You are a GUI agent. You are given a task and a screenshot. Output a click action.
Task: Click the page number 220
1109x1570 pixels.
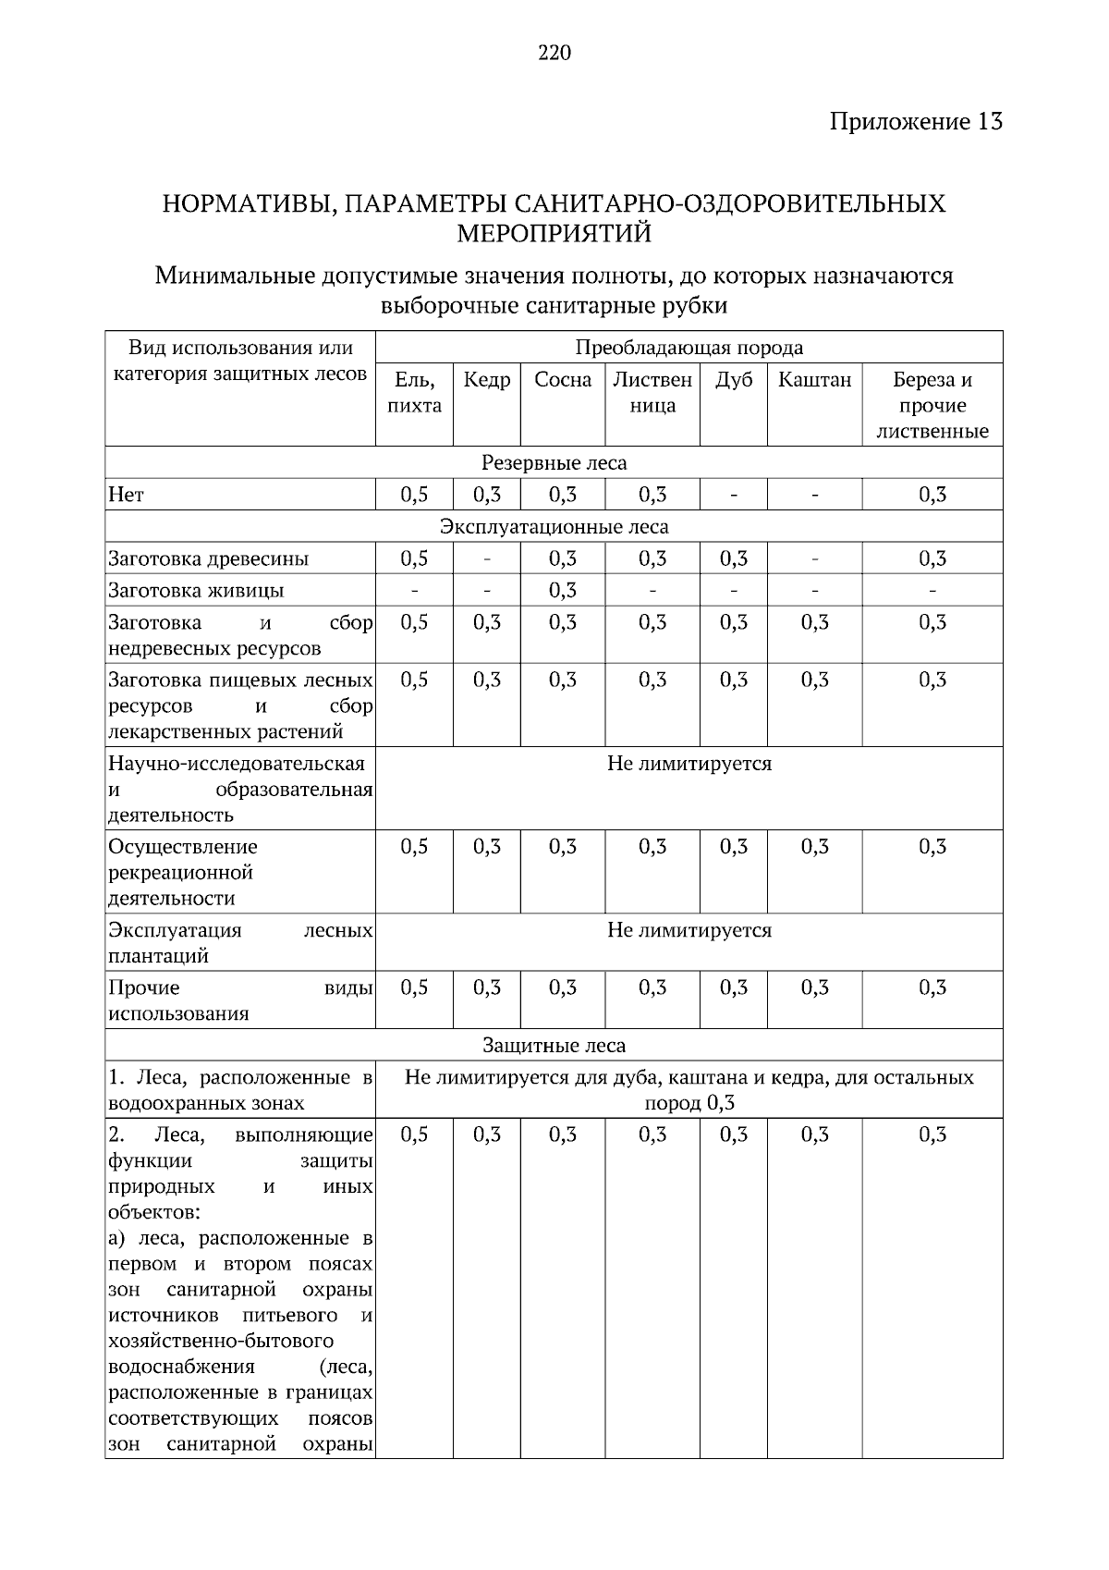click(554, 53)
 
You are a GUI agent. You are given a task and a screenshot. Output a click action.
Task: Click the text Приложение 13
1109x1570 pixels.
click(915, 121)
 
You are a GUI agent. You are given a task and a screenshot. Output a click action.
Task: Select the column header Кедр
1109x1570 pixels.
click(486, 380)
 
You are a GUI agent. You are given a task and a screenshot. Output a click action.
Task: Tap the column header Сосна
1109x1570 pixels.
click(563, 380)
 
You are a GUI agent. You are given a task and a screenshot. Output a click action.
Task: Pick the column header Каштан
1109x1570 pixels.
click(814, 380)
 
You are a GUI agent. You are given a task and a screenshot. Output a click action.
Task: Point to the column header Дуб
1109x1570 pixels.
click(733, 380)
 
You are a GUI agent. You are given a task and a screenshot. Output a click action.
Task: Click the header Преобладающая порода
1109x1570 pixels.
click(689, 348)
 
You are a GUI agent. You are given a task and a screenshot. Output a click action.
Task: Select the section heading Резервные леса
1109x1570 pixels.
click(554, 462)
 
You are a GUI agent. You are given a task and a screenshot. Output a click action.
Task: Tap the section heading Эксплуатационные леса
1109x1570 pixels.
click(554, 527)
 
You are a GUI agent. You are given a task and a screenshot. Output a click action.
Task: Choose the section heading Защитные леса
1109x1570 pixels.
click(554, 1046)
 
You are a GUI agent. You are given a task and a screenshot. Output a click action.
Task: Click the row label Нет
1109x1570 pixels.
click(127, 496)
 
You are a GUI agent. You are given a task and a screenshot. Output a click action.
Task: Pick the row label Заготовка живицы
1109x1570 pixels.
click(196, 591)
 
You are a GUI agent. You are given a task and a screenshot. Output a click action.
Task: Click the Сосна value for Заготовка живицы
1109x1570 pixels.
click(563, 590)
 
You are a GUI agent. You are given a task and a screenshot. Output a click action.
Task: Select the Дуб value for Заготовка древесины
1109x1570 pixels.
click(733, 558)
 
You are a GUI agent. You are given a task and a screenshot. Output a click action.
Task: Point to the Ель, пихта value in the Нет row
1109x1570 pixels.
click(414, 495)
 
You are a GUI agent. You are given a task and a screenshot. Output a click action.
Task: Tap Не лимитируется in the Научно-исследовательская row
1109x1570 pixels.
click(689, 764)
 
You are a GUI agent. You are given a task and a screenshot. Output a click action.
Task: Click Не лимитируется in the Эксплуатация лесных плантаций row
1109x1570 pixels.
click(689, 930)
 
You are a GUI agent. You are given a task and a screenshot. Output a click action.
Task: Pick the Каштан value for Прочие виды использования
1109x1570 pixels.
click(814, 987)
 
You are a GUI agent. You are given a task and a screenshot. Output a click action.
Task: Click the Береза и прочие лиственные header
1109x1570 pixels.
click(932, 405)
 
